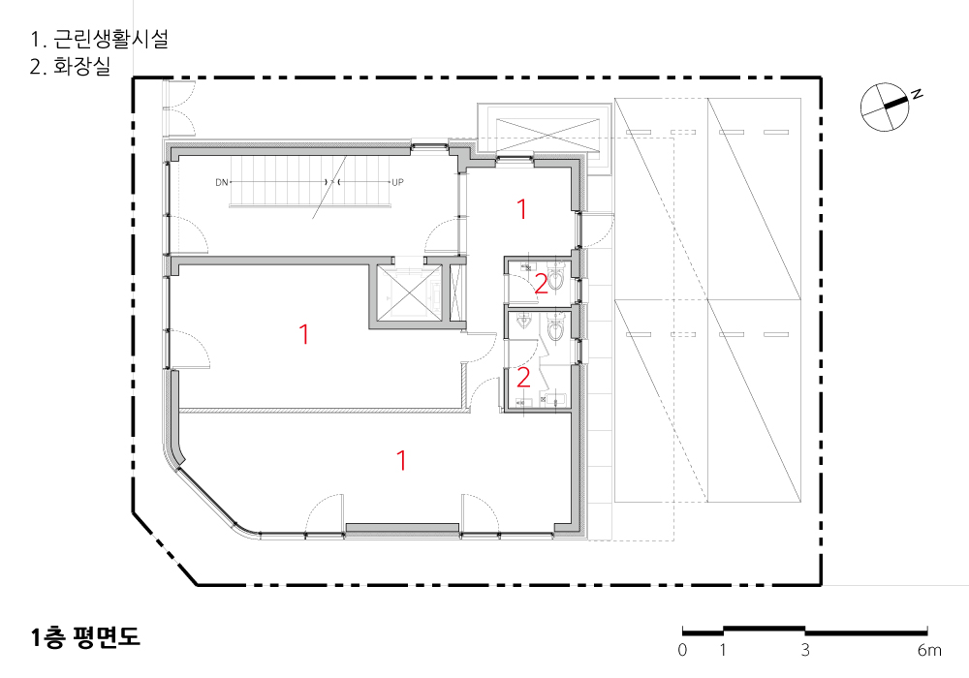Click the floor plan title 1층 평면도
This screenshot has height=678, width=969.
[85, 637]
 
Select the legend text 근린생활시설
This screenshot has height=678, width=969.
[110, 39]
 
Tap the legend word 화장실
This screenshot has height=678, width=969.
[81, 66]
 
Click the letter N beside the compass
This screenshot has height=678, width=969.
[918, 95]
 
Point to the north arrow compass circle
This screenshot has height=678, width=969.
[885, 107]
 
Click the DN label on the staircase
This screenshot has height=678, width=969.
[221, 182]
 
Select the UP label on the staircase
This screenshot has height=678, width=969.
[397, 182]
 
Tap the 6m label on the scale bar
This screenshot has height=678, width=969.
[929, 650]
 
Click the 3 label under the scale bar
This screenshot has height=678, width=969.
[805, 650]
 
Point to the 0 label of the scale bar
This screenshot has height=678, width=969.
[682, 650]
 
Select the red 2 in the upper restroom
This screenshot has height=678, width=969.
[541, 284]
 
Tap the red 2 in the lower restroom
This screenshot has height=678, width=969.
[523, 378]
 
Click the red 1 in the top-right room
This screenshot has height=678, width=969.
[522, 209]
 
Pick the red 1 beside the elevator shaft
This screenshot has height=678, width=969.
[303, 334]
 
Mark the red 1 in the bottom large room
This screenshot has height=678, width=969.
[402, 460]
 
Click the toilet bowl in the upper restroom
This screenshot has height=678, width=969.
[556, 277]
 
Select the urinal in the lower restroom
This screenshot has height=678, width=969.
[524, 322]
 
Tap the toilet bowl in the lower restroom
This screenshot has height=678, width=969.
[556, 327]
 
